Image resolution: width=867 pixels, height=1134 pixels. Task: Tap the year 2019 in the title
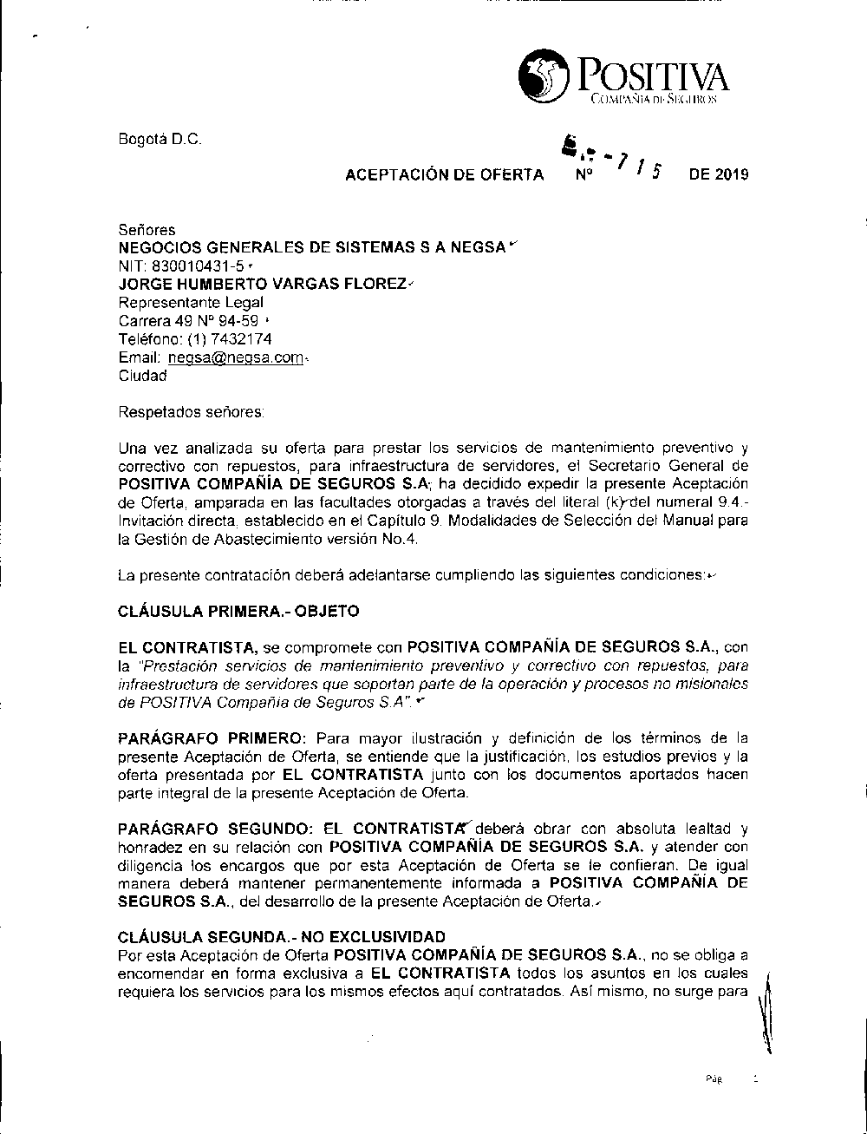click(731, 174)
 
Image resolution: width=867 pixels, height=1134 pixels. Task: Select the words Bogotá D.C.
click(160, 140)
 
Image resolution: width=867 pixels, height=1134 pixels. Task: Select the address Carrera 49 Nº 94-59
click(187, 321)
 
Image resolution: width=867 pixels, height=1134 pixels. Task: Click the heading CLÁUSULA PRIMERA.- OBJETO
click(238, 611)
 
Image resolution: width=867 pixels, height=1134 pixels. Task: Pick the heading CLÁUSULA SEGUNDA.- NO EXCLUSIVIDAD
click(281, 937)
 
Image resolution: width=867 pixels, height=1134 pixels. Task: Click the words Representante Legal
click(191, 303)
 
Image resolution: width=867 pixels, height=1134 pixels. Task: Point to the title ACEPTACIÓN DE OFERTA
click(445, 174)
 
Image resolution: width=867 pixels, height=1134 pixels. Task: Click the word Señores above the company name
click(146, 230)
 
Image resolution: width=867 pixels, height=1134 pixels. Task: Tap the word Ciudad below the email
click(142, 376)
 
